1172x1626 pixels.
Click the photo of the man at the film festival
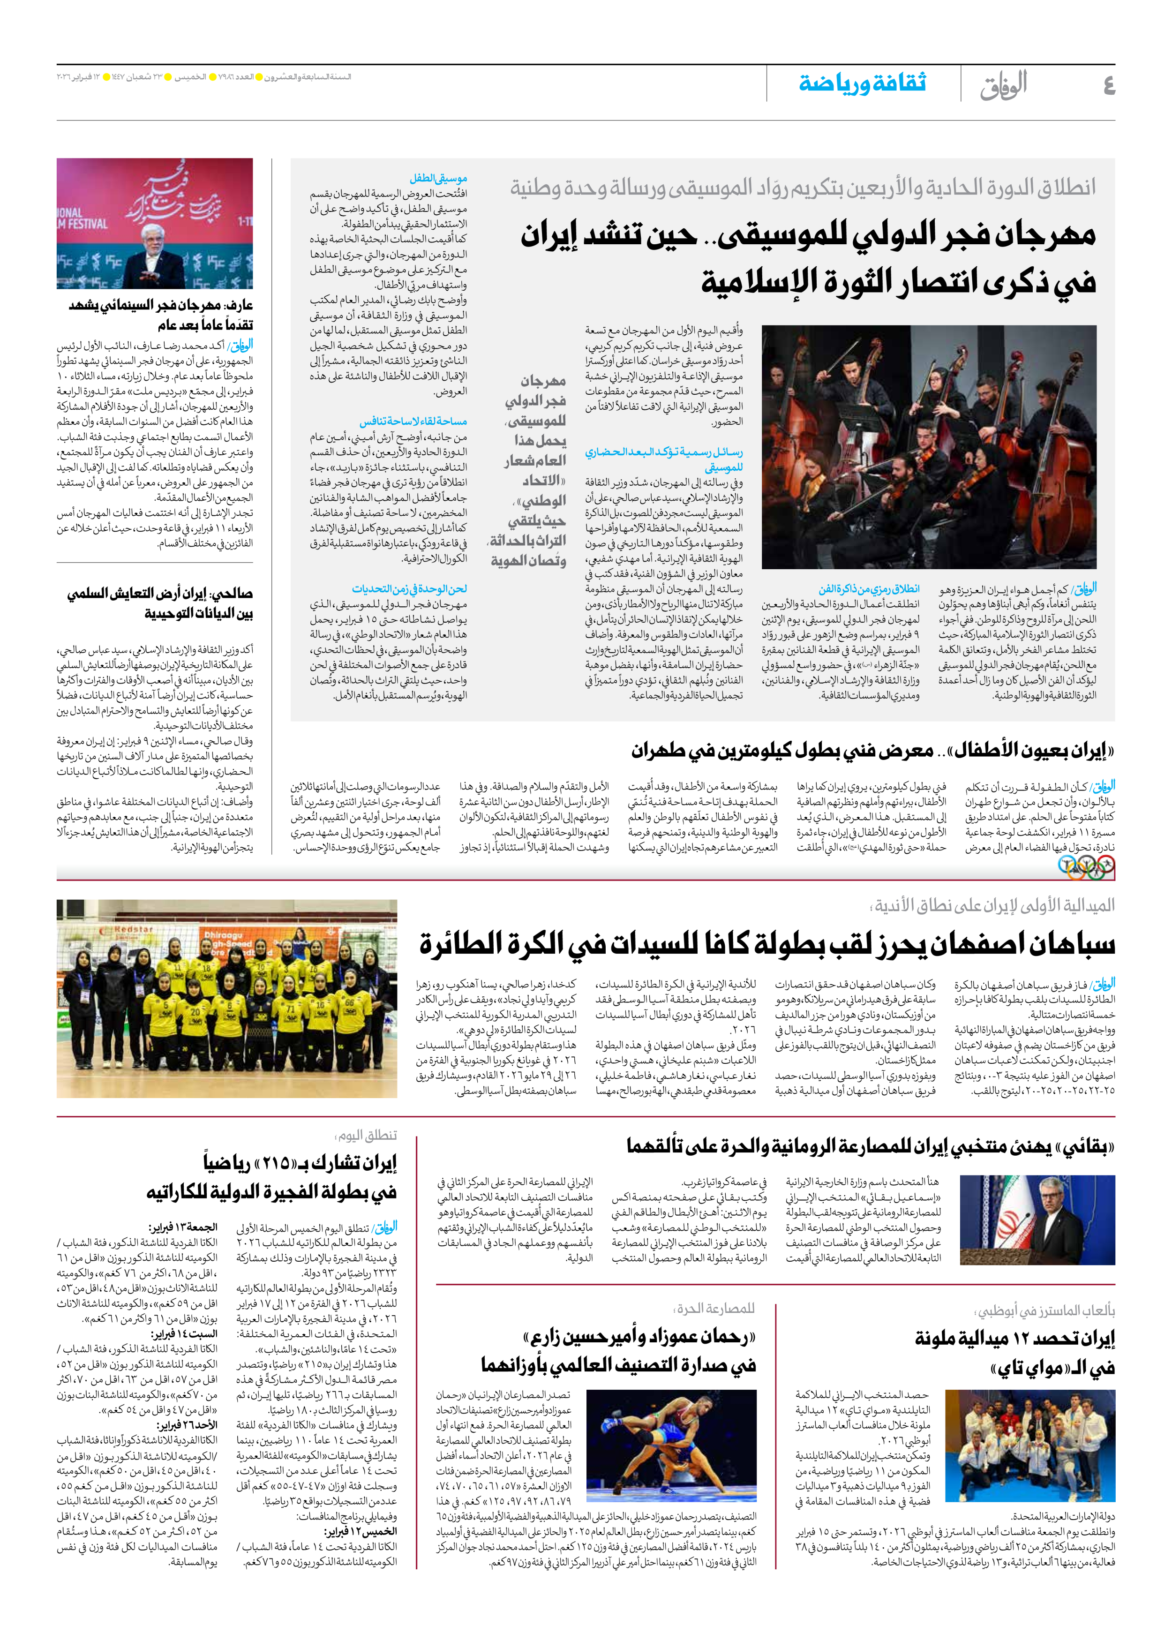pyautogui.click(x=155, y=224)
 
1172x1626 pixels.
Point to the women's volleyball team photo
pyautogui.click(x=226, y=998)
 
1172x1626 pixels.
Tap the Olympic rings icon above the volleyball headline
pyautogui.click(x=1086, y=868)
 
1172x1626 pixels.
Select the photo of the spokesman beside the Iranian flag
pyautogui.click(x=1037, y=1219)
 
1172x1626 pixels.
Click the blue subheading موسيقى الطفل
pyautogui.click(x=439, y=179)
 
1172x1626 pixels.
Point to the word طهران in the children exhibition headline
pyautogui.click(x=660, y=751)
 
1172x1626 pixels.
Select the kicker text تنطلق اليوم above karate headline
pyautogui.click(x=367, y=1136)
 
